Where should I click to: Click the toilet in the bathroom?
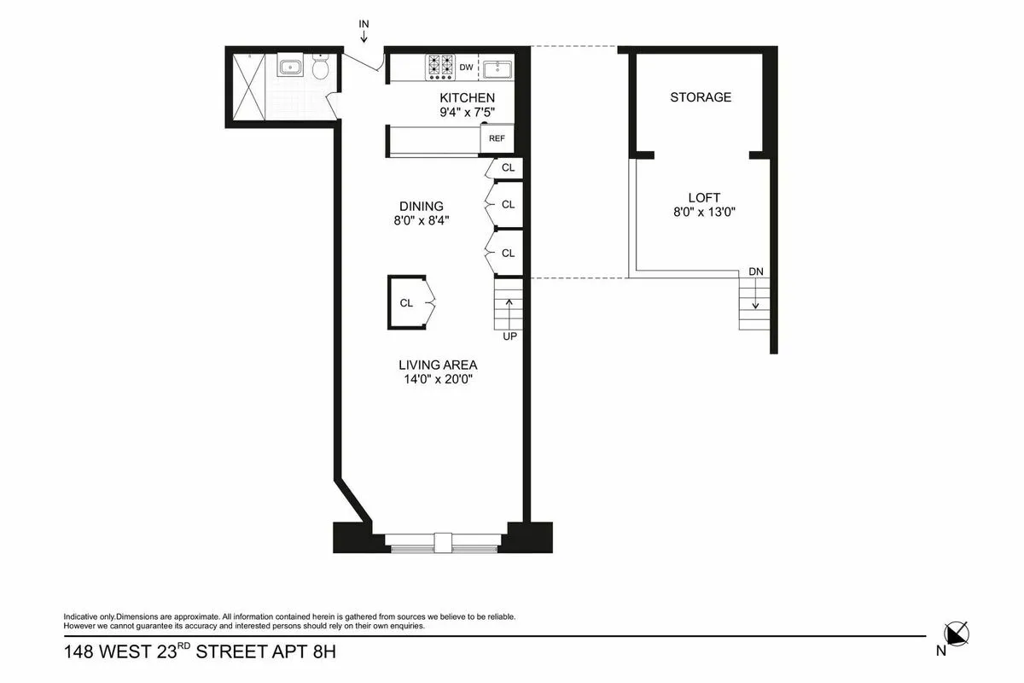pyautogui.click(x=321, y=68)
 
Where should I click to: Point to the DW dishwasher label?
pyautogui.click(x=466, y=67)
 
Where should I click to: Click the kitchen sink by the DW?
pyautogui.click(x=497, y=67)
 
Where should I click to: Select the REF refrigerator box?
pyautogui.click(x=496, y=138)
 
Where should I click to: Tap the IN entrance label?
pyautogui.click(x=364, y=23)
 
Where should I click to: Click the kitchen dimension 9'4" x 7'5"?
pyautogui.click(x=467, y=112)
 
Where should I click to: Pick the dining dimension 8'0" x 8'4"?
pyautogui.click(x=422, y=220)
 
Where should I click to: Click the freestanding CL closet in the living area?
pyautogui.click(x=409, y=302)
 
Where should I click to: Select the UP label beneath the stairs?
pyautogui.click(x=509, y=336)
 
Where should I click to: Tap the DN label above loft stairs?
pyautogui.click(x=755, y=271)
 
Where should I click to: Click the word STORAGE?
pyautogui.click(x=701, y=97)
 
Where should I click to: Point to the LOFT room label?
pyautogui.click(x=704, y=197)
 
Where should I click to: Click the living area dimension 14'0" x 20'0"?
pyautogui.click(x=438, y=380)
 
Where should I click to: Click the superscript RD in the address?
pyautogui.click(x=183, y=646)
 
